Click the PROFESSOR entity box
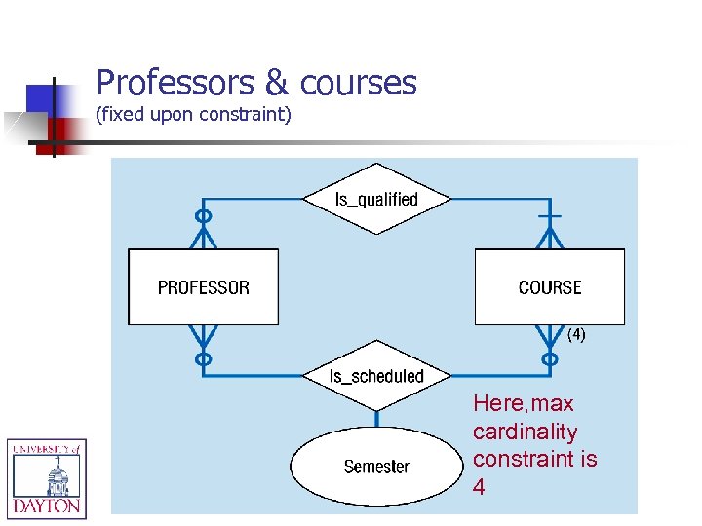tap(203, 287)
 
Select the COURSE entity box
tap(549, 287)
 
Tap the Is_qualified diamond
tap(376, 200)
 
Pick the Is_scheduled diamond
tap(376, 376)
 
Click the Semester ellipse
tap(376, 467)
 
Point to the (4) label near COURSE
tap(576, 335)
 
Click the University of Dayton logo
tap(47, 477)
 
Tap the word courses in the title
tap(359, 83)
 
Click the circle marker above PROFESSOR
tap(203, 216)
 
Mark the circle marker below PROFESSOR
tap(203, 358)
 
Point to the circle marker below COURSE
tap(549, 358)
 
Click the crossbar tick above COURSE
tap(550, 214)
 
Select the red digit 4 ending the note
tap(479, 487)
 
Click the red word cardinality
tap(525, 432)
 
